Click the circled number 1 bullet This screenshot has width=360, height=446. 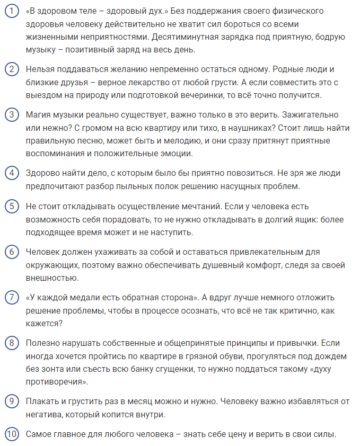pyautogui.click(x=11, y=11)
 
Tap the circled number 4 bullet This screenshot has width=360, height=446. pyautogui.click(x=11, y=173)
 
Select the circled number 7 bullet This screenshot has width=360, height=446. pyautogui.click(x=11, y=297)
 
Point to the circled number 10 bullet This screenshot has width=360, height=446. pyautogui.click(x=11, y=434)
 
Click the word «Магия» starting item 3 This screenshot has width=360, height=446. pyautogui.click(x=39, y=115)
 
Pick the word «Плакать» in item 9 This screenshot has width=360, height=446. pyautogui.click(x=42, y=401)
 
